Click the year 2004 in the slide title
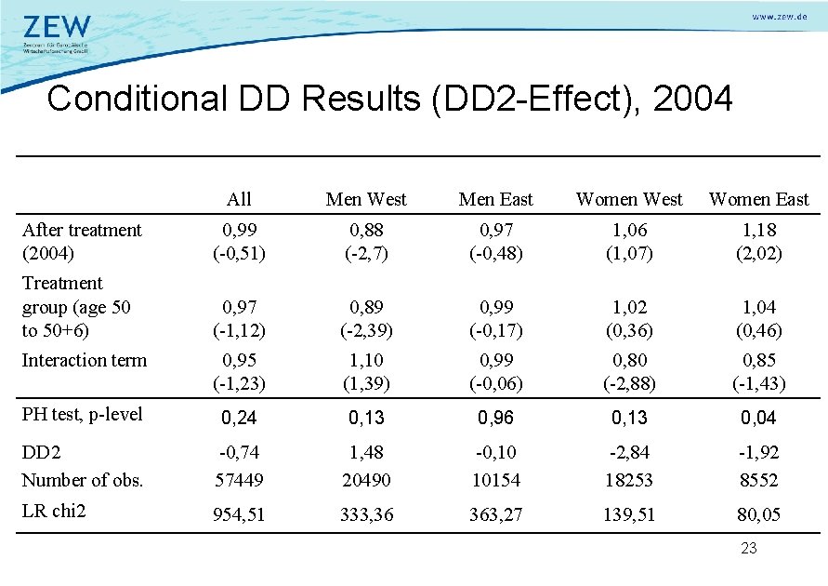[x=693, y=98]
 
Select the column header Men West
[x=367, y=199]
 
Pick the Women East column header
[x=758, y=199]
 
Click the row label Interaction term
[x=84, y=360]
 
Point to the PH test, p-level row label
[x=82, y=414]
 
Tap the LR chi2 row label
[x=54, y=510]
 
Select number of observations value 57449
[x=239, y=480]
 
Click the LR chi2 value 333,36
[x=367, y=514]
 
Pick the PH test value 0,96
[x=496, y=419]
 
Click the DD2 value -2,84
[x=629, y=453]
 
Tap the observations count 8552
[x=758, y=480]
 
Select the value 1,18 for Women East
[x=758, y=230]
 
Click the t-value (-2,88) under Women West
[x=629, y=383]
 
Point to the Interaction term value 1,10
[x=367, y=360]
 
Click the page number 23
[x=748, y=549]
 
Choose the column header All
[x=239, y=199]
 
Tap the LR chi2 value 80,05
[x=758, y=514]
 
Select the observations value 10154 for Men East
[x=496, y=480]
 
